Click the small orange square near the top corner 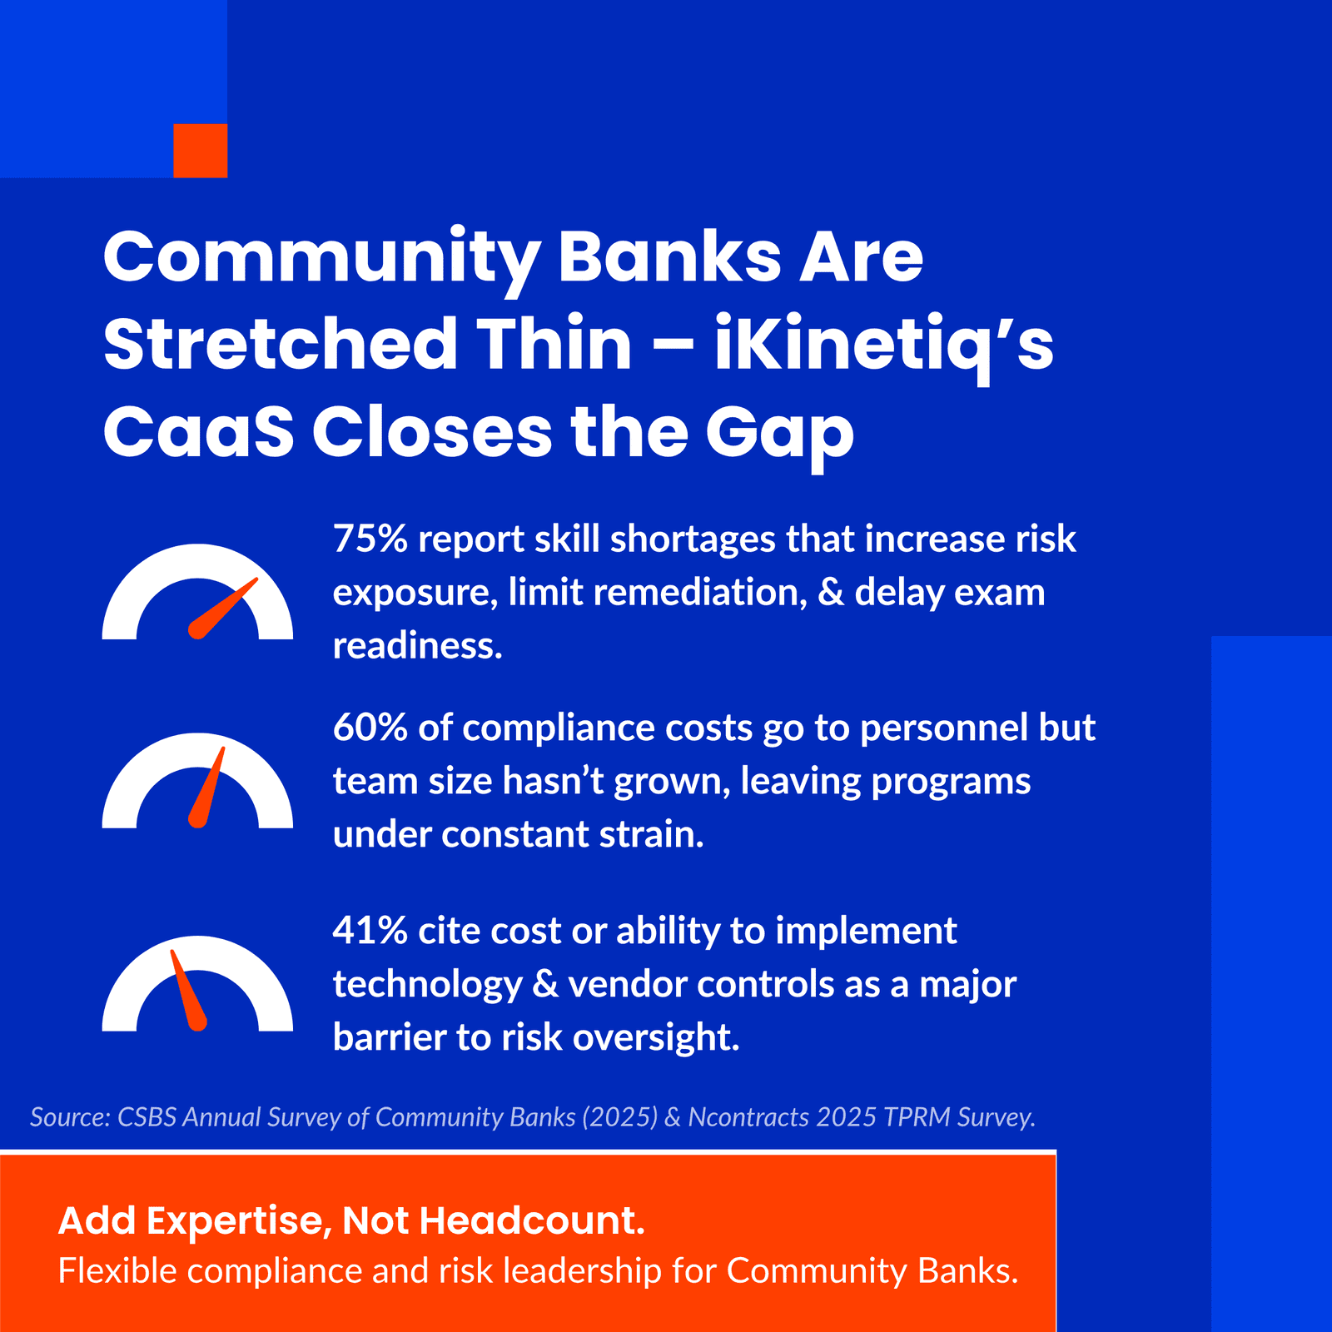[x=200, y=151]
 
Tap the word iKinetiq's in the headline [x=883, y=345]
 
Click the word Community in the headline [x=321, y=257]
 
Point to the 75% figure [x=370, y=539]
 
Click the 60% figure [x=370, y=728]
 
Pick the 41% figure [x=370, y=932]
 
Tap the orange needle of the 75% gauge [x=223, y=609]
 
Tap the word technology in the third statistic [x=427, y=985]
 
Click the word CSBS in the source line [x=147, y=1117]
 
